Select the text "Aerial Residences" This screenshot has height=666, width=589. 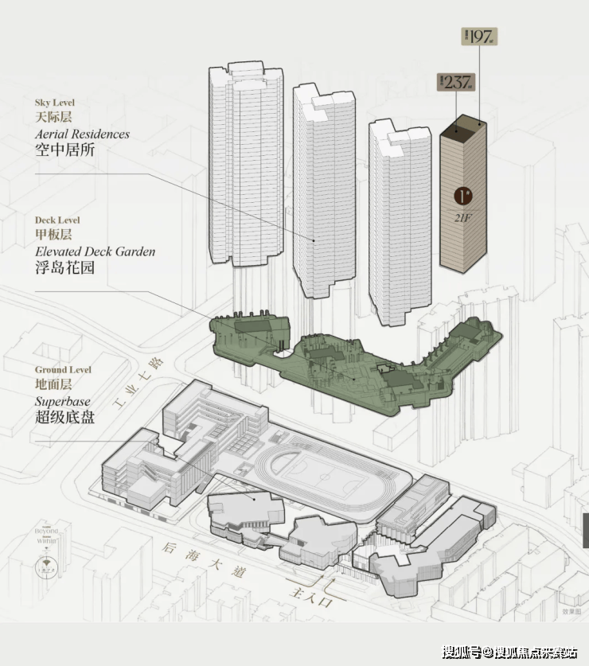coord(82,134)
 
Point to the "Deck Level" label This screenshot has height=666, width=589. coord(57,220)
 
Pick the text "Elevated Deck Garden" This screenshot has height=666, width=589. coord(95,251)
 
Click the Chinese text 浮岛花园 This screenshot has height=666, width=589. coord(64,267)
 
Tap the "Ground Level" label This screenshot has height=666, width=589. coord(63,370)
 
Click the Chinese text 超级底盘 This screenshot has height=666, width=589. coord(64,417)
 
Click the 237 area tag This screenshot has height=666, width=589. coord(456,82)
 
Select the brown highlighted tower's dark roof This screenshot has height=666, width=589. coord(463,125)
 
